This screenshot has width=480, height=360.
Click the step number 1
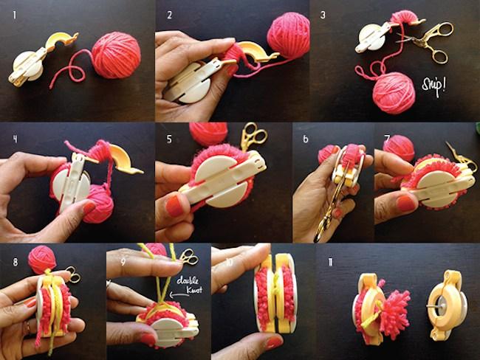[11, 13]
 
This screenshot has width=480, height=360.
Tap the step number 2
[170, 14]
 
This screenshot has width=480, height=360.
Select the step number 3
[323, 14]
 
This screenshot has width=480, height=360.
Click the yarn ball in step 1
[115, 54]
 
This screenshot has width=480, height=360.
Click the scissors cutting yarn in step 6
[332, 200]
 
